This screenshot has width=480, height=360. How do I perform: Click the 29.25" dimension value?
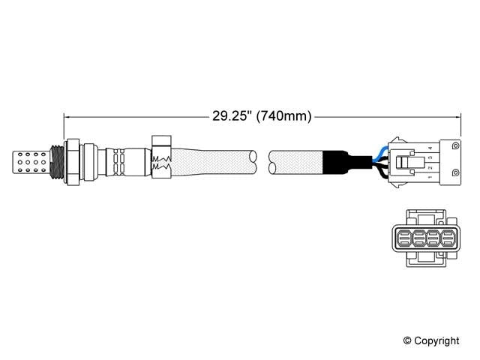pos(229,116)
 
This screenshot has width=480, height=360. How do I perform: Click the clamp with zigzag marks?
pos(161,158)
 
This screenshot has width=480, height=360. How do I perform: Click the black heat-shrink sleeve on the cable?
pos(334,161)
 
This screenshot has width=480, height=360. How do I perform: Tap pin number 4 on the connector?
pos(429,148)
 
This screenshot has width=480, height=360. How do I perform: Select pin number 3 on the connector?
pos(429,157)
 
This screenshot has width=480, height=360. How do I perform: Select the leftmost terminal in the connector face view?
pos(400,239)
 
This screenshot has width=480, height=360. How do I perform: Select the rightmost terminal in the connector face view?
pos(448,239)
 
